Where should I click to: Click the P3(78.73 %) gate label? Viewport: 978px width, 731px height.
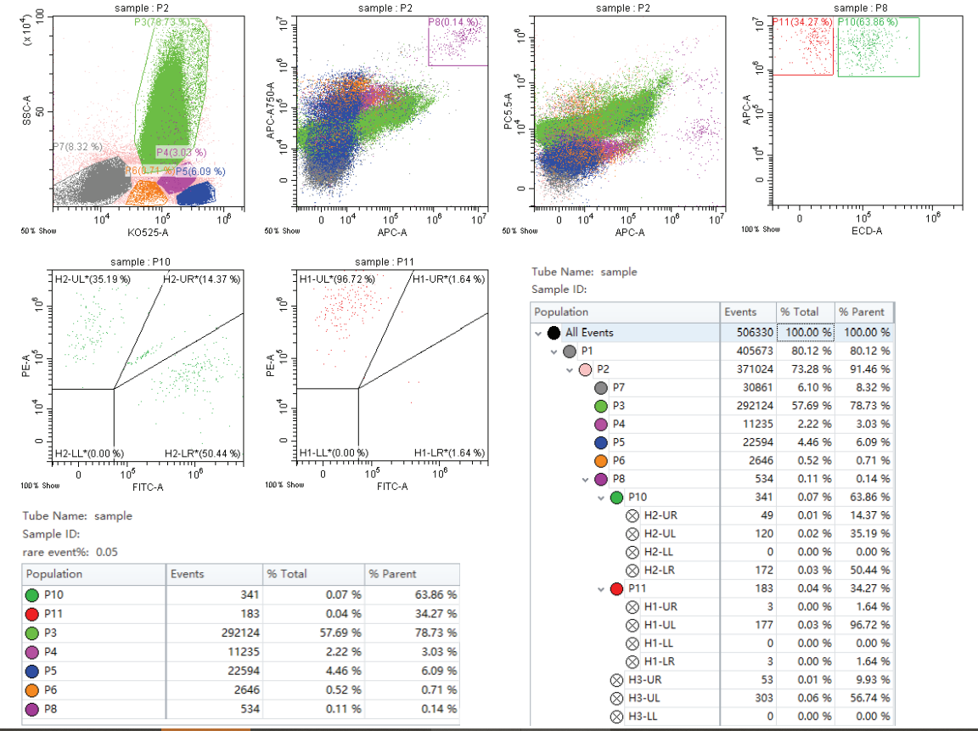point(162,21)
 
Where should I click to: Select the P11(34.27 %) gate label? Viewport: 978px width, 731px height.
point(803,21)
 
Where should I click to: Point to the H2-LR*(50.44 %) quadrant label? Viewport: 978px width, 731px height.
point(203,453)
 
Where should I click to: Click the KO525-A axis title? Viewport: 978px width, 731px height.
point(147,232)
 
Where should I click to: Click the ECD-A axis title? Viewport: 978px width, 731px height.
point(863,230)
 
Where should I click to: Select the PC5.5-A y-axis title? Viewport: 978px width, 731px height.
point(508,111)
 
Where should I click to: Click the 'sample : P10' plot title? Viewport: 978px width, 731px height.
point(146,261)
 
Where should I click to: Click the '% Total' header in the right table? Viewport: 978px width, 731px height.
point(800,312)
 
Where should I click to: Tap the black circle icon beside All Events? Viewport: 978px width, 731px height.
point(554,333)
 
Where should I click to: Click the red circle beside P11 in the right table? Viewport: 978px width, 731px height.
point(616,588)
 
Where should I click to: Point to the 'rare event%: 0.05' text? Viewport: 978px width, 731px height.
point(70,551)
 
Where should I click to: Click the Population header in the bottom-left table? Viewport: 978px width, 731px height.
point(54,574)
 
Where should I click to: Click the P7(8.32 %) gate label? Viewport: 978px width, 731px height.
point(77,147)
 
